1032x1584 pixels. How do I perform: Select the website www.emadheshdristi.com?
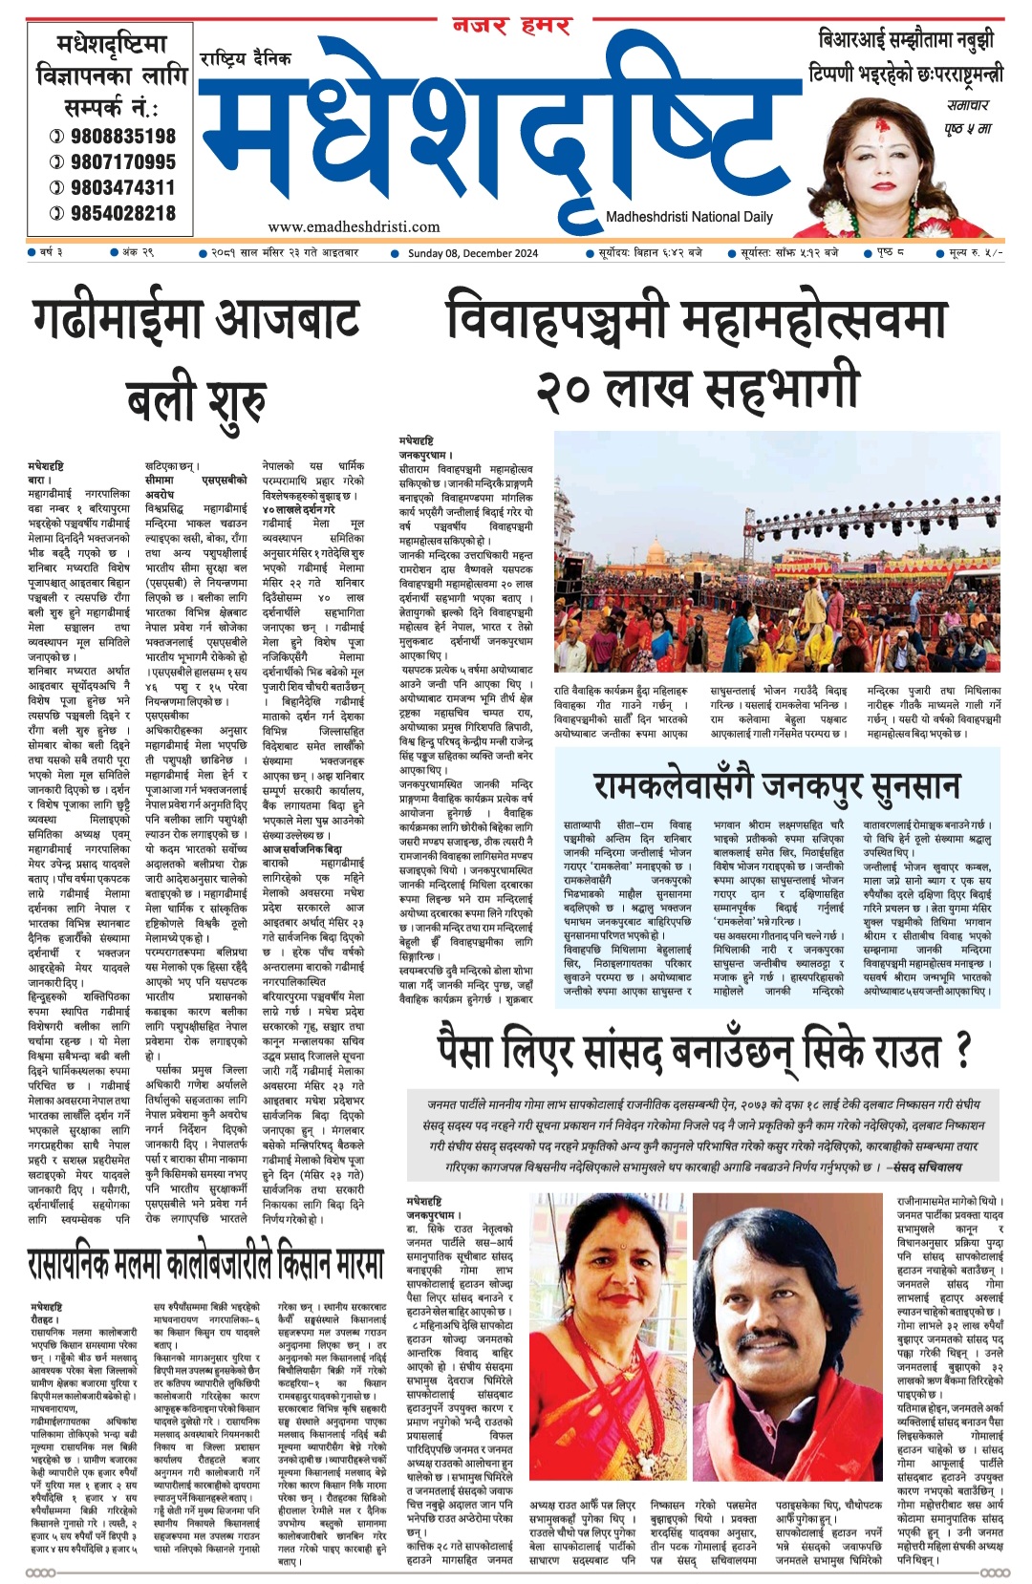tap(354, 227)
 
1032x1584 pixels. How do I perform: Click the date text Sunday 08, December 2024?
tap(472, 253)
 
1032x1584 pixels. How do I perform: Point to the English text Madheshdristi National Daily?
tap(689, 217)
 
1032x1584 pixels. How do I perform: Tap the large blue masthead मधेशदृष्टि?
tap(497, 134)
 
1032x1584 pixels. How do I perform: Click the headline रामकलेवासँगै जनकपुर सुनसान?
tap(776, 785)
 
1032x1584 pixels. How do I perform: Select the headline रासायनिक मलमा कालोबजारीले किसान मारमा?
tap(205, 1265)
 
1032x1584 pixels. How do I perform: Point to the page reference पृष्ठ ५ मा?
tap(967, 128)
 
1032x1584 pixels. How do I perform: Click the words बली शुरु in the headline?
tap(196, 399)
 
